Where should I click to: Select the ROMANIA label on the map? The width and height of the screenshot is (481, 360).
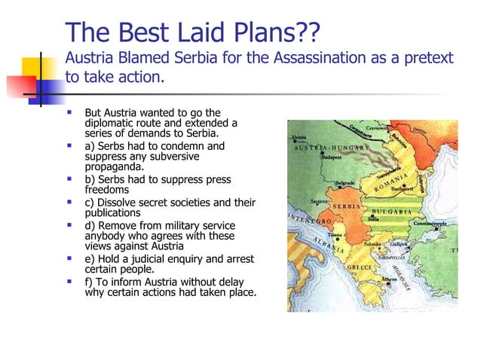395,181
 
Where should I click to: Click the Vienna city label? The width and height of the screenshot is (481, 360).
299,138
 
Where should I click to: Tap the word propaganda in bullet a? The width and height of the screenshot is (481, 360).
115,166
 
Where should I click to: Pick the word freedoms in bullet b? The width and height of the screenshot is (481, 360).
107,190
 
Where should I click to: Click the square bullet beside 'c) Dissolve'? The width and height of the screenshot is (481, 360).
69,203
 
